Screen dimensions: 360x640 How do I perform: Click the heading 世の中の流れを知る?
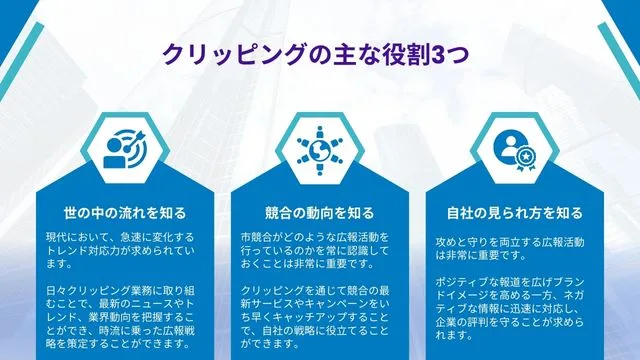coord(125,213)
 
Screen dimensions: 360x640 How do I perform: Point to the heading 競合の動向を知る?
coord(319,213)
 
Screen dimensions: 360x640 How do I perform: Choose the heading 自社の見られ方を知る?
coord(514,213)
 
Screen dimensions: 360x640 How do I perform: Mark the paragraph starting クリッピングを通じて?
coord(318,317)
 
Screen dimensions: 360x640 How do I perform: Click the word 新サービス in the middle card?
coord(273,303)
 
